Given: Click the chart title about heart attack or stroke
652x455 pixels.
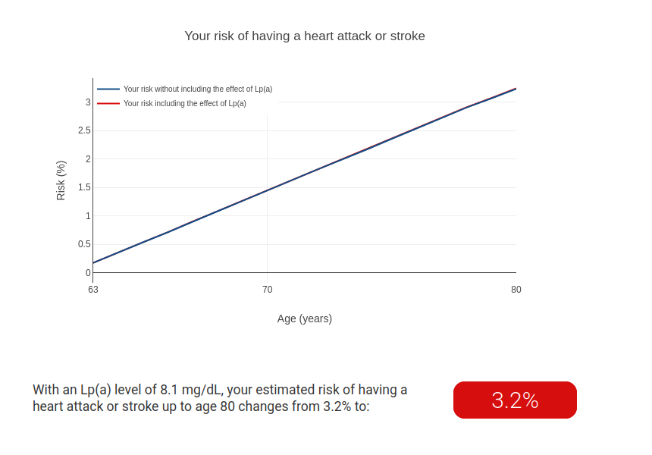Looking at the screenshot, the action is coord(305,36).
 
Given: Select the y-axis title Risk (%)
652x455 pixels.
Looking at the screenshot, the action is coord(61,180).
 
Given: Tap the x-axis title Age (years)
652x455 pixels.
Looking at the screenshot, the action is coord(305,318).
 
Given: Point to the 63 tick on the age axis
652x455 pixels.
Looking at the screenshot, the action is coord(93,290).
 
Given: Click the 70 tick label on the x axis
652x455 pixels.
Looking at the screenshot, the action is coord(268,290).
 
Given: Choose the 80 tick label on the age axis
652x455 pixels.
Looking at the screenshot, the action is coord(516,290).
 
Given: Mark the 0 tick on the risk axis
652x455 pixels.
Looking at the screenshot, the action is coord(88,273).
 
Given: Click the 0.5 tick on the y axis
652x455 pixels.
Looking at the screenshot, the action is coord(84,244).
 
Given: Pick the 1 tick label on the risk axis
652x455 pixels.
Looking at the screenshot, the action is coord(88,216).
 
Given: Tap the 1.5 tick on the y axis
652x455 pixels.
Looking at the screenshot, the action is coord(84,187).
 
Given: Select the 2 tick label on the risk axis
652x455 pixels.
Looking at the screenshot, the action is coord(88,159).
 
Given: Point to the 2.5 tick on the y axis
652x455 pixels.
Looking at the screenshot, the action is coord(84,130).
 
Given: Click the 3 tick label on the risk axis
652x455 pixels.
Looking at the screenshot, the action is coord(88,102).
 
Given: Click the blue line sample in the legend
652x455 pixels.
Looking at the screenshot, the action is coord(108,89).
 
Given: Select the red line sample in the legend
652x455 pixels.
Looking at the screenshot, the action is coord(108,103).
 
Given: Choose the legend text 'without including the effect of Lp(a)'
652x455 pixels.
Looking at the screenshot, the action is coord(213,89).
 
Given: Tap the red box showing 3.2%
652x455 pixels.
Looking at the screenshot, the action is coord(515,400).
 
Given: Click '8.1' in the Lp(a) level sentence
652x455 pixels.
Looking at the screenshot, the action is coord(169,390).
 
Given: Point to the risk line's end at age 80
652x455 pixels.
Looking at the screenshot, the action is coord(516,89).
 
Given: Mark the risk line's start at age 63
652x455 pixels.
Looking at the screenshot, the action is coord(93,263).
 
